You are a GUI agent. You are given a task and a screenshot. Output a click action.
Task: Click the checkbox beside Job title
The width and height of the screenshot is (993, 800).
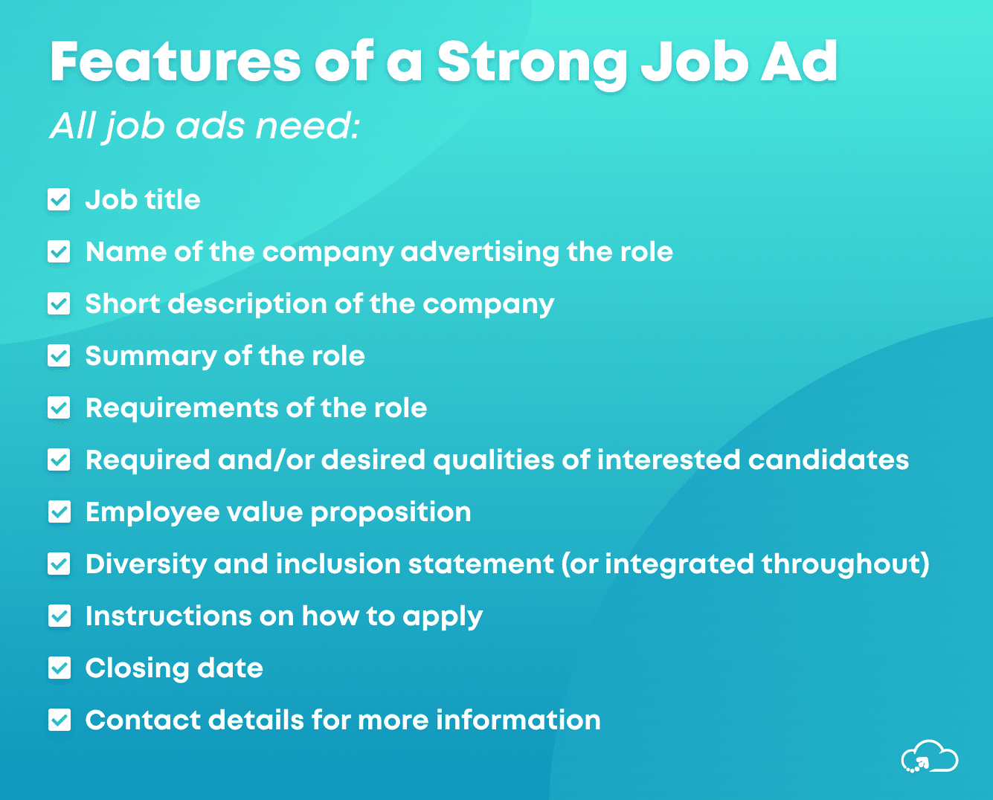click(59, 200)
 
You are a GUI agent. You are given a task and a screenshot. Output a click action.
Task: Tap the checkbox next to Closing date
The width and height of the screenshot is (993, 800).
click(59, 668)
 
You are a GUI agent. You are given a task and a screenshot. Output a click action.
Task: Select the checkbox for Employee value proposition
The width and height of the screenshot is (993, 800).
click(59, 512)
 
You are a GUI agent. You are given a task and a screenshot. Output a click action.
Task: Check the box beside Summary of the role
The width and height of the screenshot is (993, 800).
click(59, 356)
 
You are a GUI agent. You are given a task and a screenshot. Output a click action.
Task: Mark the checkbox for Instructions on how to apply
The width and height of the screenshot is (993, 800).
click(59, 616)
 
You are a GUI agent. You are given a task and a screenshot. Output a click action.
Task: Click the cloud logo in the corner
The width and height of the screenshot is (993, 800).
click(929, 757)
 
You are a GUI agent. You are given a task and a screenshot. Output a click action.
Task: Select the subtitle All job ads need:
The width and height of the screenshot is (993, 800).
click(205, 126)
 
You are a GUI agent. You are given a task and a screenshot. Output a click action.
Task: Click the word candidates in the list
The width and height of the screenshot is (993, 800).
click(828, 460)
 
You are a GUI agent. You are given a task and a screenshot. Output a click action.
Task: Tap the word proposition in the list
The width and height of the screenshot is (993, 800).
click(390, 512)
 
